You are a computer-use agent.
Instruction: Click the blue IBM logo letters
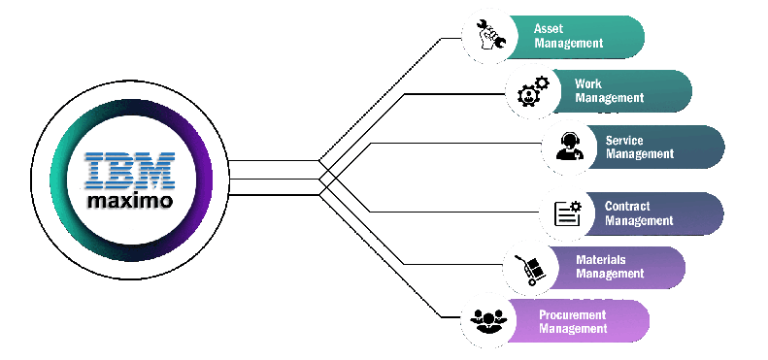[x=129, y=170]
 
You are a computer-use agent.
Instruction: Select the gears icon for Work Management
[x=531, y=91]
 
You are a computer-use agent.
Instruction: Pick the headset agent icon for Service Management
[x=568, y=146]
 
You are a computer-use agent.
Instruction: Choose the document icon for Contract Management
[x=566, y=213]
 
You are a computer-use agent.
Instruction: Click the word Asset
[x=549, y=29]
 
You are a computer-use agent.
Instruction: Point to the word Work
[x=588, y=84]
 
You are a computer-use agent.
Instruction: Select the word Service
[x=623, y=140]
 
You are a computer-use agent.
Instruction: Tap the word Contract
[x=627, y=207]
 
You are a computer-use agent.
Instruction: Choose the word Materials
[x=600, y=260]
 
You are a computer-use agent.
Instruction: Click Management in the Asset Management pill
[x=568, y=43]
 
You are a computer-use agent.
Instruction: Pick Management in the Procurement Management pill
[x=573, y=328]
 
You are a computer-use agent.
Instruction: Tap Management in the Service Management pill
[x=639, y=153]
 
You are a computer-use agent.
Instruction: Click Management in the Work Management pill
[x=609, y=98]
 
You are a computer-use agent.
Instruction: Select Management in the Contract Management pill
[x=639, y=220]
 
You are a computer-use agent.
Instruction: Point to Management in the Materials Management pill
[x=610, y=274]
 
